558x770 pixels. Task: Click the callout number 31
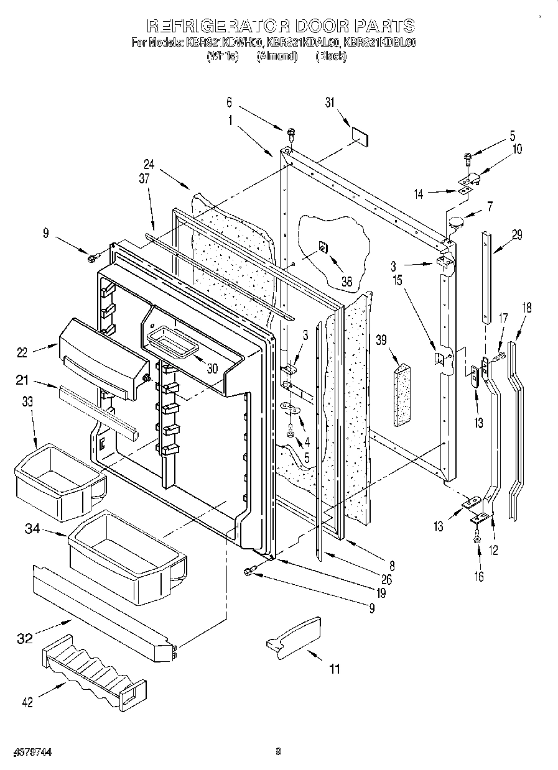point(329,103)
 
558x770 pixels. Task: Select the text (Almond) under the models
point(276,56)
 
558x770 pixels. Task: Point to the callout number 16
point(478,576)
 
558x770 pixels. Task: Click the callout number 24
point(148,165)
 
